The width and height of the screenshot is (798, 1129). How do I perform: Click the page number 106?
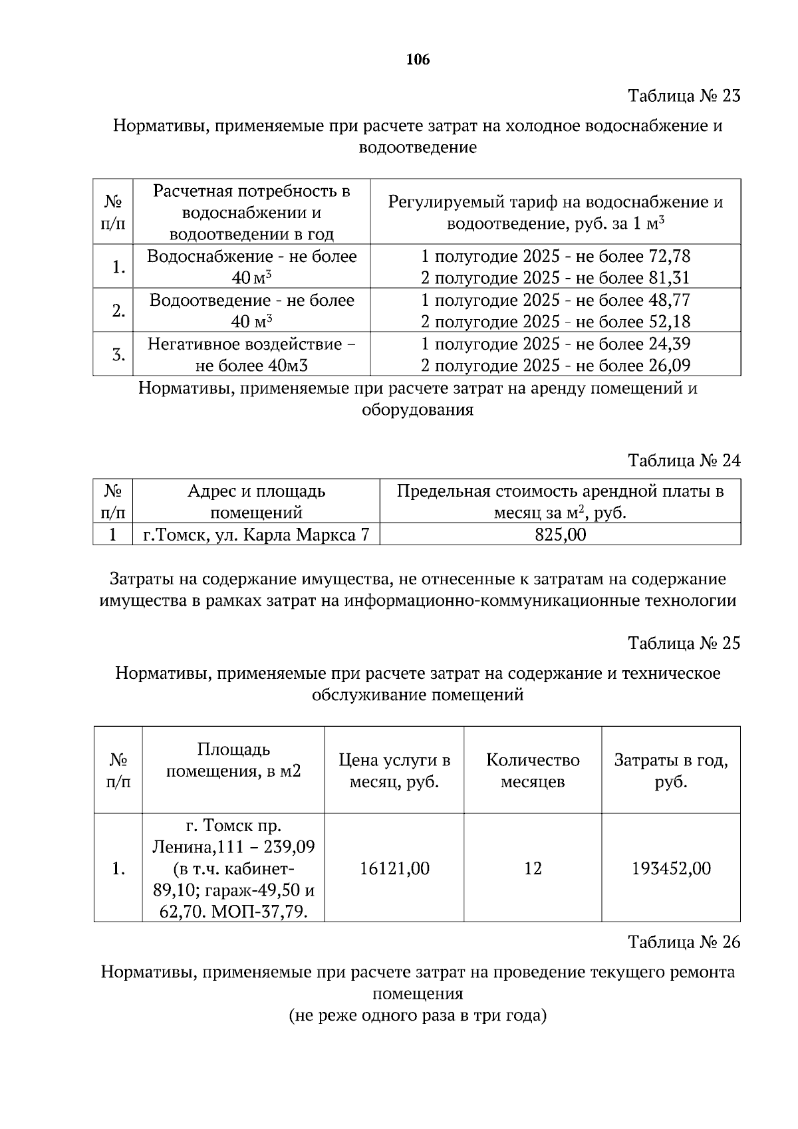[418, 60]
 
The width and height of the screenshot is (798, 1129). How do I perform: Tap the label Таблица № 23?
[684, 96]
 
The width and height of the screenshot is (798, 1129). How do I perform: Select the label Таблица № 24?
[684, 461]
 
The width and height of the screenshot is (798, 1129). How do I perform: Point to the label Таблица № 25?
[684, 644]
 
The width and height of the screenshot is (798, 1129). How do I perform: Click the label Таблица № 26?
[684, 943]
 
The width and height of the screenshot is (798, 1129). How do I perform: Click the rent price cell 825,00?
[560, 535]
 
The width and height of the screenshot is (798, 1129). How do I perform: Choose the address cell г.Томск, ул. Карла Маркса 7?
[256, 535]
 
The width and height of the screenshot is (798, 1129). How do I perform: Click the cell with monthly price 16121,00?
[394, 868]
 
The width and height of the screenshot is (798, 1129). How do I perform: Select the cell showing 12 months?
[533, 868]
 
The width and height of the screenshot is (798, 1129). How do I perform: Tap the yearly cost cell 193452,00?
[671, 868]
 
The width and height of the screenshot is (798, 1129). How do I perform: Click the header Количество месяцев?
[533, 771]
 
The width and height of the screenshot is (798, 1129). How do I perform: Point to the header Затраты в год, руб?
[671, 771]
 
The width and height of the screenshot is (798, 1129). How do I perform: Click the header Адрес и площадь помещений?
[256, 502]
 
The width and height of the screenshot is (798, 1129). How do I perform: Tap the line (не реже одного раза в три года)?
[418, 1016]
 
